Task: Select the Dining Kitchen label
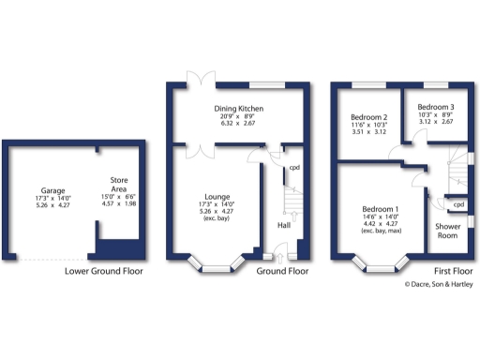pyautogui.click(x=236, y=110)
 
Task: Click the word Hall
pyautogui.click(x=284, y=225)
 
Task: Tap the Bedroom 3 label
pyautogui.click(x=436, y=108)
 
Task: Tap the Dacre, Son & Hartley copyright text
pyautogui.click(x=438, y=284)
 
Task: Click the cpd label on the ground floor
pyautogui.click(x=294, y=169)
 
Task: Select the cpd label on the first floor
pyautogui.click(x=459, y=203)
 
